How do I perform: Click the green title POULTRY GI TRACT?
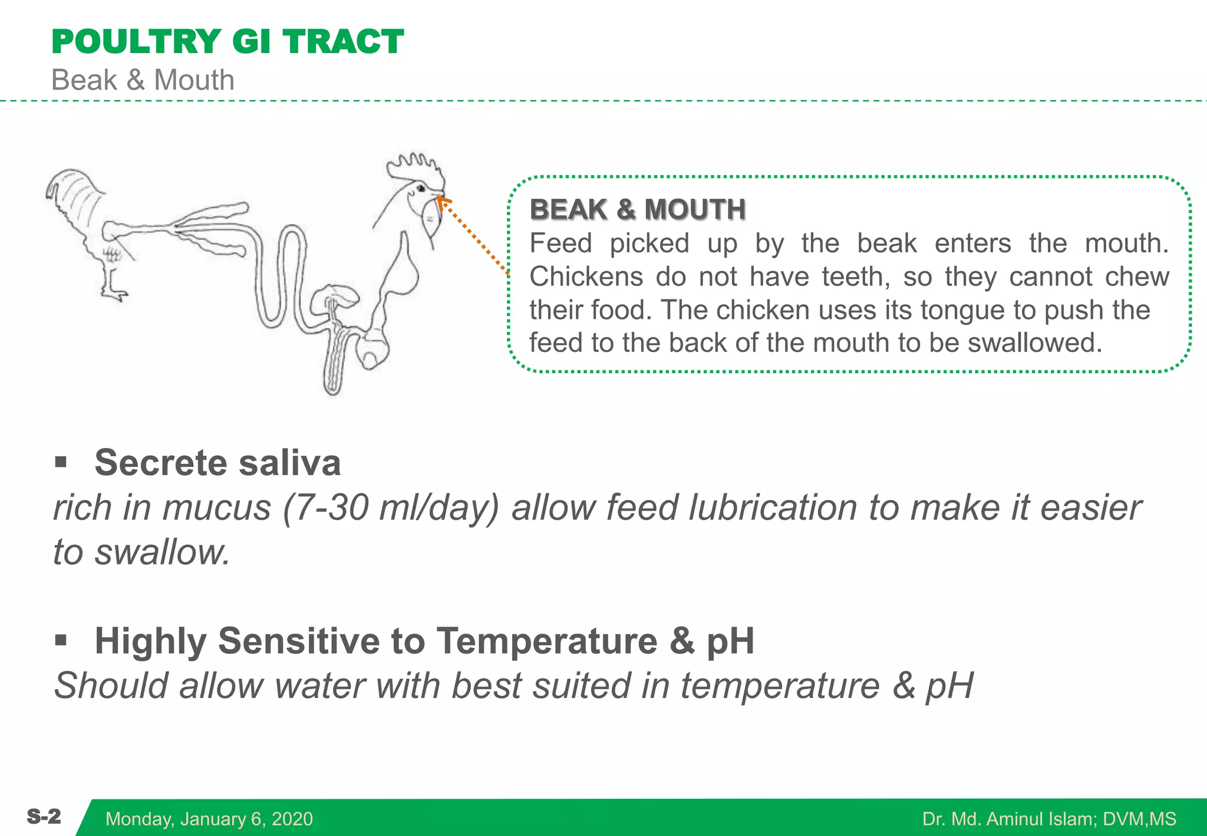227,42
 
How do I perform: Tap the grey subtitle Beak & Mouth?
143,80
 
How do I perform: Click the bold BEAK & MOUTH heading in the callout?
638,210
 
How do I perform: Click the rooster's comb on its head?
416,167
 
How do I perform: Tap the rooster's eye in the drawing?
421,189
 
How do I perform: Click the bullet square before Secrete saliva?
61,462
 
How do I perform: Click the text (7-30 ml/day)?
391,508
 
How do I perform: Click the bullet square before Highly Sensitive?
61,640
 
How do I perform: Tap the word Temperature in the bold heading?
546,641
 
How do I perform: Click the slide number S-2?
44,817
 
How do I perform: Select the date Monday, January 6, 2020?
209,819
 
